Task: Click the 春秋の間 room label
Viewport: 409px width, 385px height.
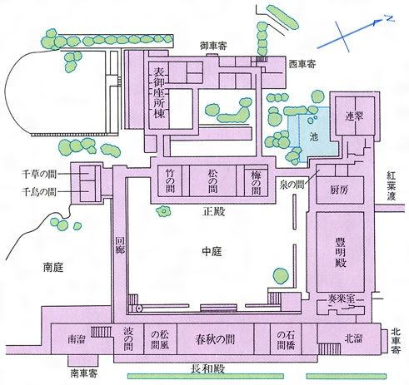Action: pos(215,339)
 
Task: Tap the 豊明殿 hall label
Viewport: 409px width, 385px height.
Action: pos(340,252)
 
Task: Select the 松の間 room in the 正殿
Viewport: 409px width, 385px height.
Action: pos(212,180)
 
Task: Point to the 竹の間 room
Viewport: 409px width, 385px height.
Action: pos(170,180)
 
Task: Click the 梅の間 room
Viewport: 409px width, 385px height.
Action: pos(256,180)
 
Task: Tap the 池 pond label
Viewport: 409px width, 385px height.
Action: pos(314,136)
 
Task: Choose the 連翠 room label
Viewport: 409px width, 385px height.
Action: pos(354,116)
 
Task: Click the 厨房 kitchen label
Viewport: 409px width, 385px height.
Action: pos(340,190)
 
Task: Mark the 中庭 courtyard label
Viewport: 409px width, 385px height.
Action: pos(212,252)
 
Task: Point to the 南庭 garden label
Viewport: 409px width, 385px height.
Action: pos(53,268)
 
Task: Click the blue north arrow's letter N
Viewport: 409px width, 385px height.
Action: pos(390,18)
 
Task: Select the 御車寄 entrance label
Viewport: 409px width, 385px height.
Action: pos(213,46)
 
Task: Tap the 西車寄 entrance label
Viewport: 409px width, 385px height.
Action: pos(302,64)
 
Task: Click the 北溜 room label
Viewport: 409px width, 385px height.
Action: pos(353,338)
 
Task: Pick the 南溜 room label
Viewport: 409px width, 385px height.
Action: pos(77,339)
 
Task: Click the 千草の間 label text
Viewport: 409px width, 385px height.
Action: pos(39,174)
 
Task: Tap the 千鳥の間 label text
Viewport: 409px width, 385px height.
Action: pos(39,191)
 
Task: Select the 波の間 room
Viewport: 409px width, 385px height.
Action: pos(128,338)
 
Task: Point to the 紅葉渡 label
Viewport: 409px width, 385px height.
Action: pos(392,185)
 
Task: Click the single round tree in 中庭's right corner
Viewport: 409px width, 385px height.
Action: pos(281,275)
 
